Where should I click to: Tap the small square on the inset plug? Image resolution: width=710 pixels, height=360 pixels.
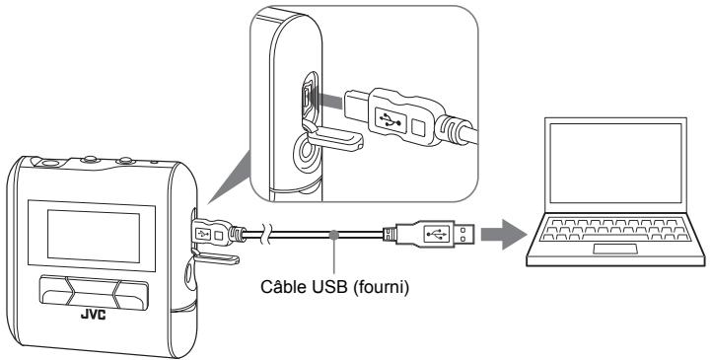[x=417, y=127]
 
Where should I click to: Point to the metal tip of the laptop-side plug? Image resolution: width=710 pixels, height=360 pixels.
[x=466, y=235]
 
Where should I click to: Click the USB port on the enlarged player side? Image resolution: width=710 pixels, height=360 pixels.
[x=307, y=100]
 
